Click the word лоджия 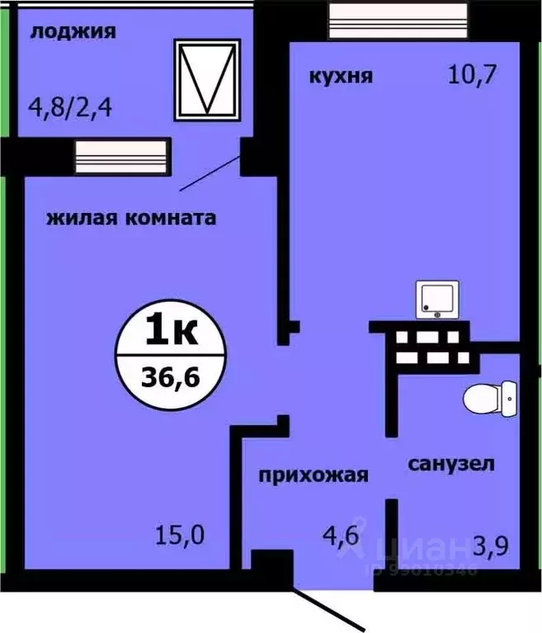click(x=72, y=32)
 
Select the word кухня click(x=341, y=77)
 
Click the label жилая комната click(x=131, y=219)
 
